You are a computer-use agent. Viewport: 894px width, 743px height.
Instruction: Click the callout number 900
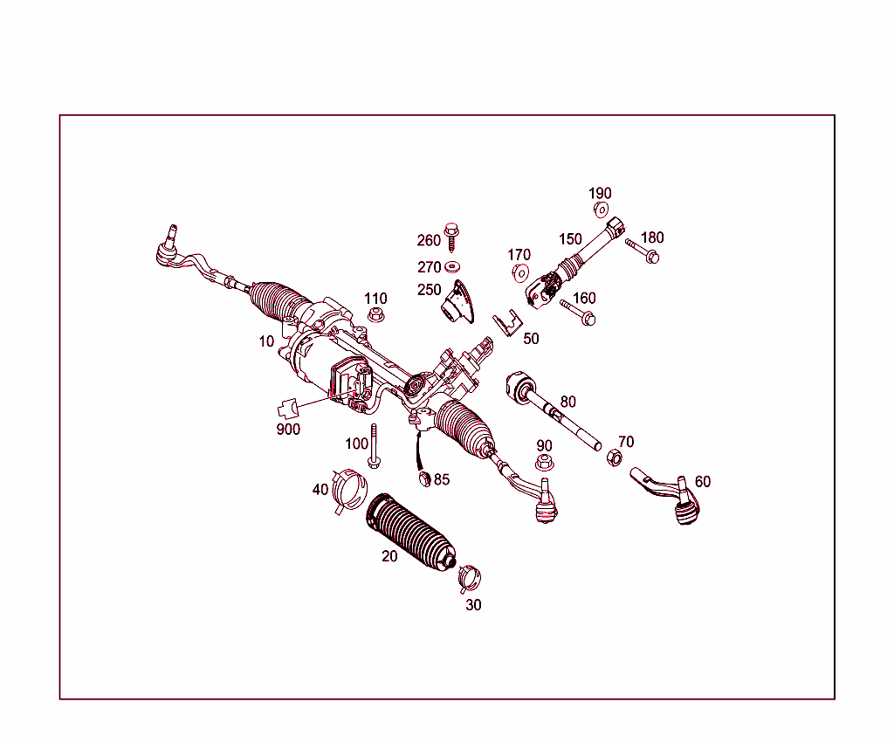coord(287,429)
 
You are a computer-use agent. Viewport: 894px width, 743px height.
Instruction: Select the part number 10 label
coord(266,341)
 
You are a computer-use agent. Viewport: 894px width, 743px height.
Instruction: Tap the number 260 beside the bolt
coord(429,240)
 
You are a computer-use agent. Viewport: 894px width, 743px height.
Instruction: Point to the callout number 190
coord(600,193)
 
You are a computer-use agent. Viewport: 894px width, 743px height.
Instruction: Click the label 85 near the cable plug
coord(442,479)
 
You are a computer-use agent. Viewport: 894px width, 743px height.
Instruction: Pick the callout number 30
coord(472,604)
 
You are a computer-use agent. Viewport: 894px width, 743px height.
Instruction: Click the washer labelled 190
coord(601,210)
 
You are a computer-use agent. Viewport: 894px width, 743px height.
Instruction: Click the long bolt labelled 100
coord(375,446)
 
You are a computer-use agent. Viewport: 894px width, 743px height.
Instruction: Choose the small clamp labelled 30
coord(470,575)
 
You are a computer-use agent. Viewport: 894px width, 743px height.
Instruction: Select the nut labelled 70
coord(613,458)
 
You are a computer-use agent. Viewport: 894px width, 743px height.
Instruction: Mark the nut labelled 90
coord(543,463)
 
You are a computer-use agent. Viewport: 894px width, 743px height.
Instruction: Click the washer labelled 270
coord(452,266)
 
